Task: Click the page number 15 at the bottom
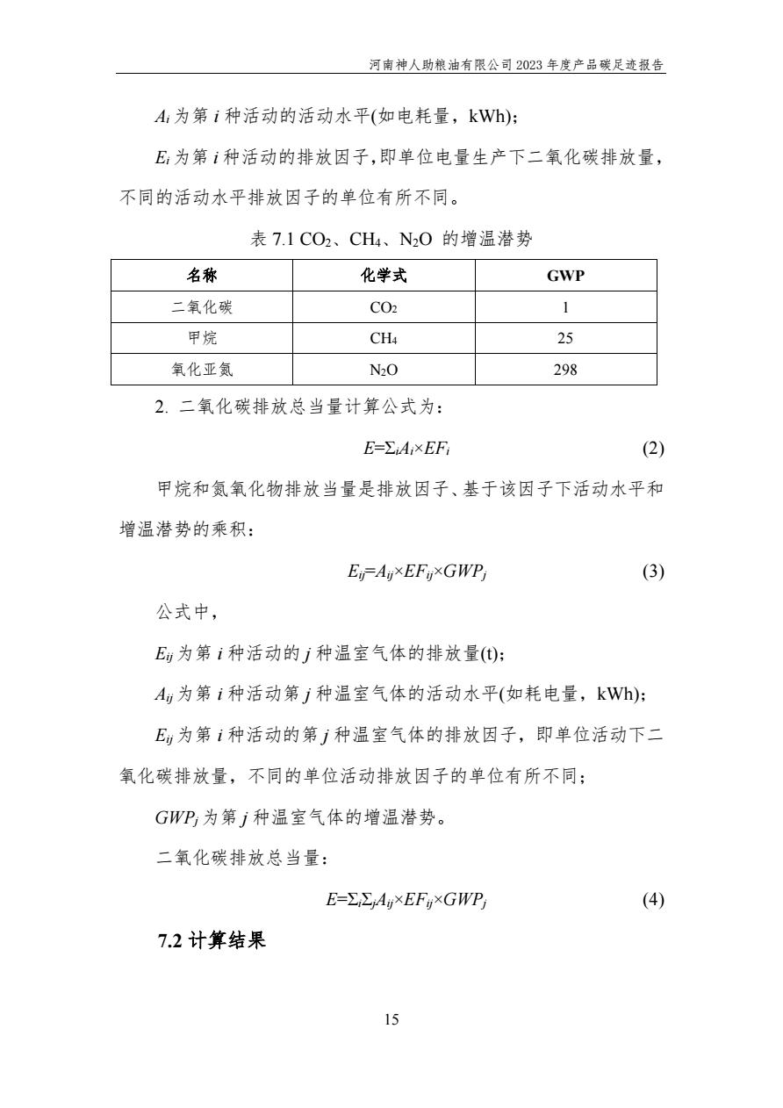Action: (x=391, y=1019)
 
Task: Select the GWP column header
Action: (x=565, y=276)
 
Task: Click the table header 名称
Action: (x=201, y=276)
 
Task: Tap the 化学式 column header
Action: (x=384, y=276)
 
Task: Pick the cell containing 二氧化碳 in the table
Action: (x=201, y=307)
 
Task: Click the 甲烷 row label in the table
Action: (x=201, y=338)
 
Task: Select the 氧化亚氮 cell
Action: (x=201, y=370)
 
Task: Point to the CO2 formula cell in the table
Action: (x=384, y=307)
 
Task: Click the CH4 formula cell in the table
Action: (x=384, y=338)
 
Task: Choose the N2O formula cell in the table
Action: (x=384, y=370)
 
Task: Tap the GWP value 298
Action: (x=565, y=370)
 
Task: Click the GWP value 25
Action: (x=565, y=338)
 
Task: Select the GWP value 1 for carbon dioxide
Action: (x=565, y=307)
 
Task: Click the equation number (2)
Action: (x=652, y=449)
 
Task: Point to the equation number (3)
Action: (x=652, y=572)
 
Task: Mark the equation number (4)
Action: (x=652, y=900)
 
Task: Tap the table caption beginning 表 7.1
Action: (x=391, y=239)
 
